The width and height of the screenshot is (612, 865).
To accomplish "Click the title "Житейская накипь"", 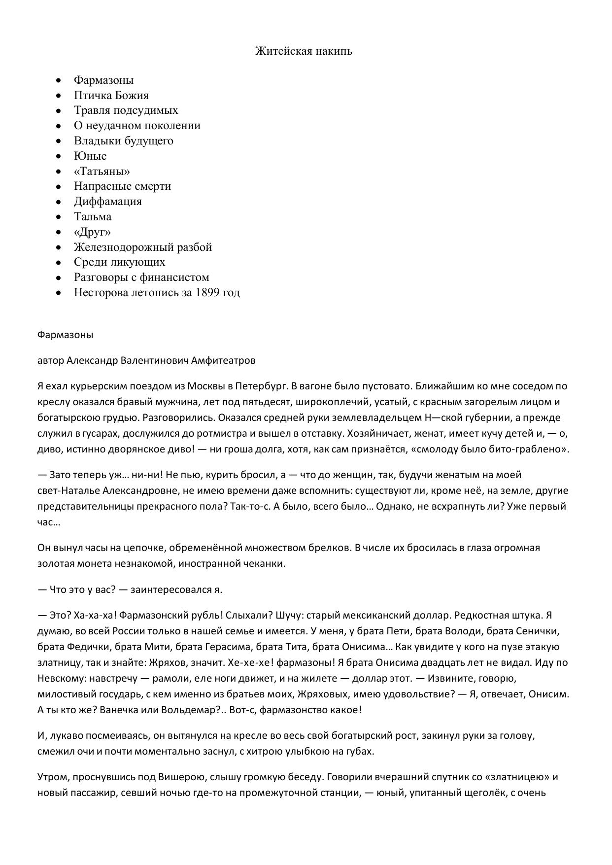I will coord(304,51).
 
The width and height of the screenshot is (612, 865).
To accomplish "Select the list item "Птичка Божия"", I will coord(111,95).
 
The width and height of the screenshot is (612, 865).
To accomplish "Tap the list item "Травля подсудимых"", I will coord(126,110).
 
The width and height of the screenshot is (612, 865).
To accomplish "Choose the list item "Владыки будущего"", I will coord(124,140).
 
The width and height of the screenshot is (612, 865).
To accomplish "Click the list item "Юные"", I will coord(90,156).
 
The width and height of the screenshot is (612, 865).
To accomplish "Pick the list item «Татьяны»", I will coord(102,171).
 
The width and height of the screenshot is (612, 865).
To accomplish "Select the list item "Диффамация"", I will coord(108,201).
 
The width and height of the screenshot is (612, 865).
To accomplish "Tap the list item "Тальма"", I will coord(93,216).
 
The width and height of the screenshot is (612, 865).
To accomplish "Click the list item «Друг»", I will coord(93,232).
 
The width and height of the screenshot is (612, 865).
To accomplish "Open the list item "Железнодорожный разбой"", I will coord(143,247).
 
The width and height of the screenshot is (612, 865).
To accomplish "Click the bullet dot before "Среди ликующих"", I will coord(59,262).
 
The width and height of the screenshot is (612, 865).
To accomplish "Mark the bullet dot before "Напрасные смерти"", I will coord(59,186).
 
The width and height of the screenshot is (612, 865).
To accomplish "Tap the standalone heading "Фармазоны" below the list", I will coord(65,335).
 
